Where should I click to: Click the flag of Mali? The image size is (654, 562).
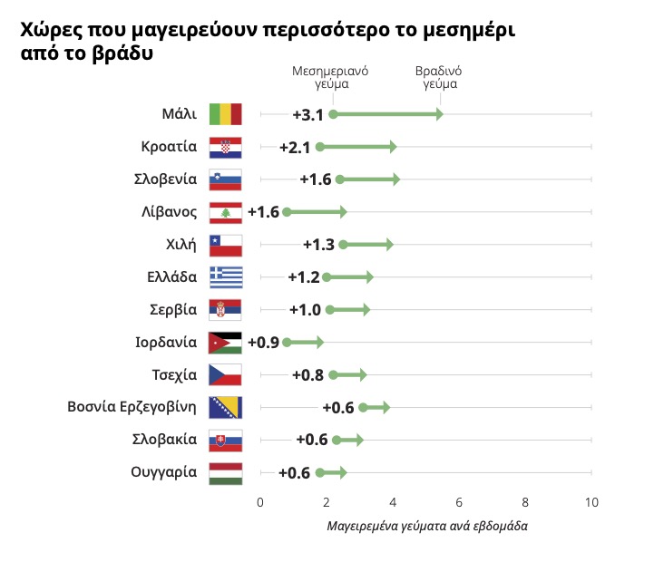pos(225,114)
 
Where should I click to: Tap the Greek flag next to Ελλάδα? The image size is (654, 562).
pos(225,276)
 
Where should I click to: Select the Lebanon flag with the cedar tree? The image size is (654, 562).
pos(225,212)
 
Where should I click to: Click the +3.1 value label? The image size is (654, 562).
pos(307,115)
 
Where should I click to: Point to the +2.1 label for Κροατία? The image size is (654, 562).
pos(295,148)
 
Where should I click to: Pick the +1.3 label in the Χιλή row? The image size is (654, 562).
pos(318,245)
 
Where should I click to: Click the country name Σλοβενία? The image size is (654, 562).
pos(169,179)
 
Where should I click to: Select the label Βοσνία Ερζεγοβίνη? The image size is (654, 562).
pos(132,406)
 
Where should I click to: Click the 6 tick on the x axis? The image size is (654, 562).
pos(459,502)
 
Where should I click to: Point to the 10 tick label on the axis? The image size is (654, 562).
pos(591,502)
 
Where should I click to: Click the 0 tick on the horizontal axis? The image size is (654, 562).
pos(260,502)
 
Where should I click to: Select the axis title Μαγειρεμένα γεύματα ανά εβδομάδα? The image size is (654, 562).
pos(426,526)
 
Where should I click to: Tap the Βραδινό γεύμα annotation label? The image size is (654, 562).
pos(440,77)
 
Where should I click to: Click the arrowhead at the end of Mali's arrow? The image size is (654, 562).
pos(439,114)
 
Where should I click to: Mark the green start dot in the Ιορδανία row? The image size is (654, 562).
pos(287,343)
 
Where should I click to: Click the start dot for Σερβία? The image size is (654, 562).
pos(329,310)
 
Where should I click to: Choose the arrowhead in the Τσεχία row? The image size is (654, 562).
pos(362,374)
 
